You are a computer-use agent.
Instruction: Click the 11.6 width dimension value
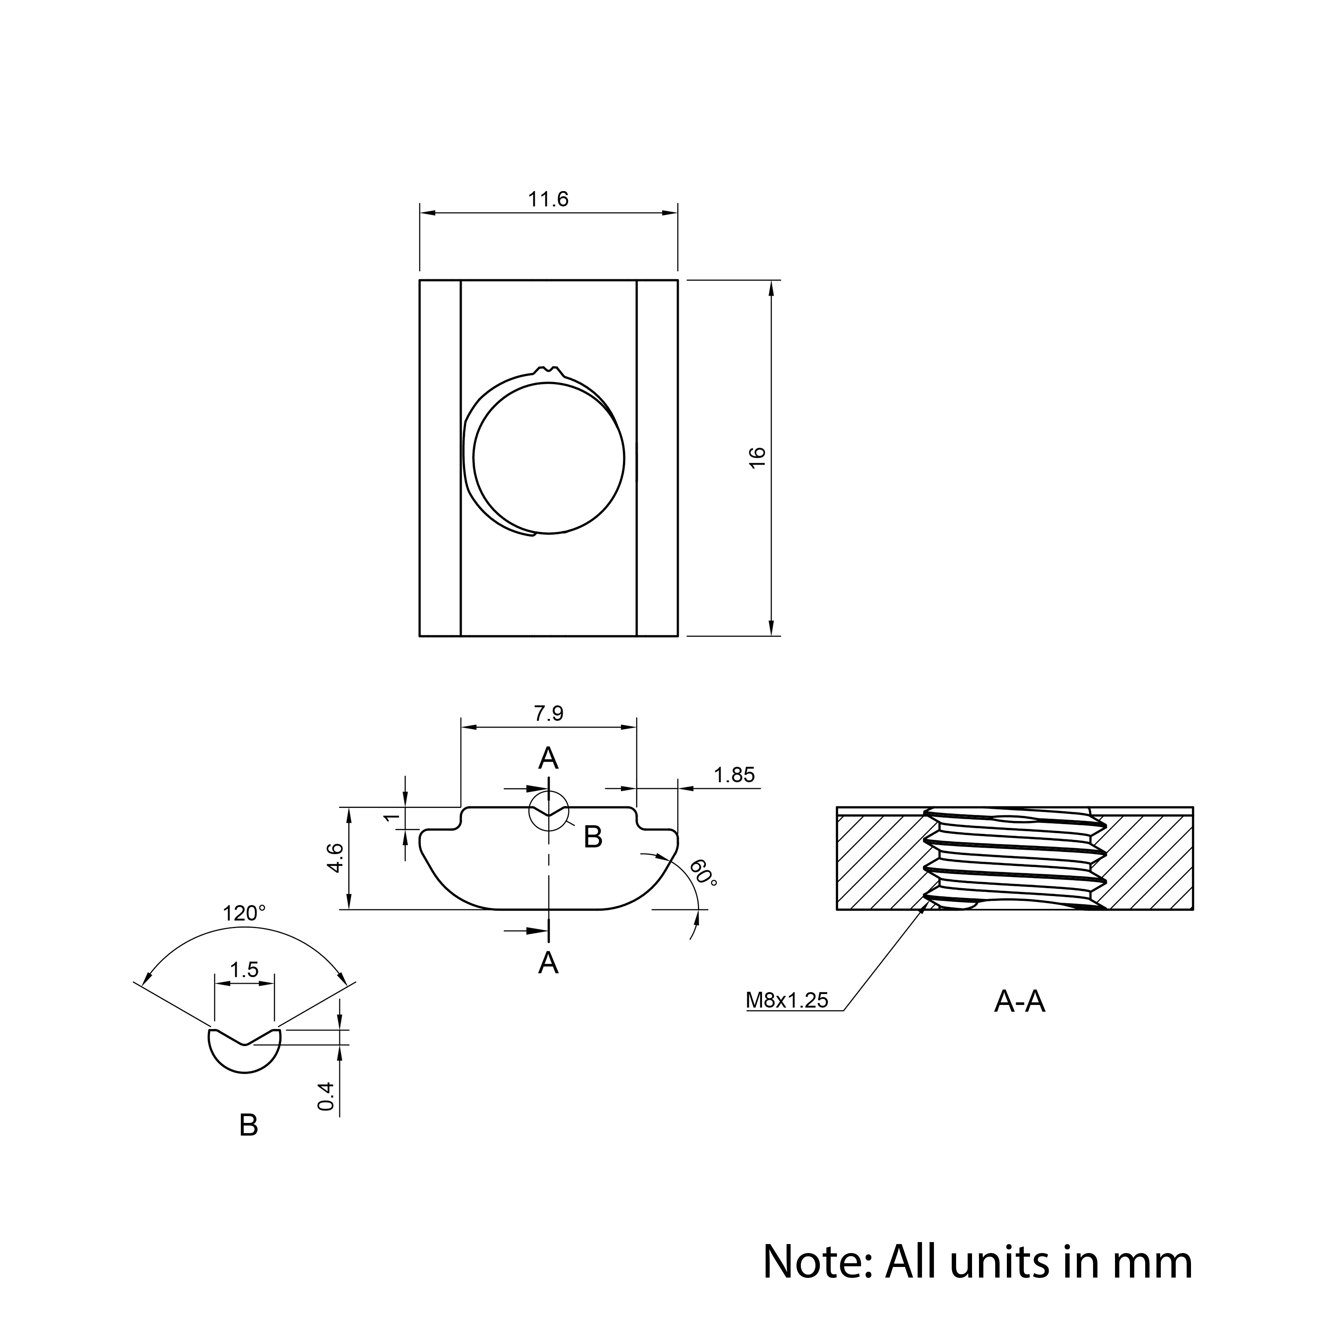point(548,199)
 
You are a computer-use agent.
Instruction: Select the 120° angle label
point(244,914)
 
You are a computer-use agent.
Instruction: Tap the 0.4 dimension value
point(326,1096)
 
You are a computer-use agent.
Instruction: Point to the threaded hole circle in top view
point(549,458)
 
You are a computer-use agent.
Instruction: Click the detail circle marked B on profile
point(549,791)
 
